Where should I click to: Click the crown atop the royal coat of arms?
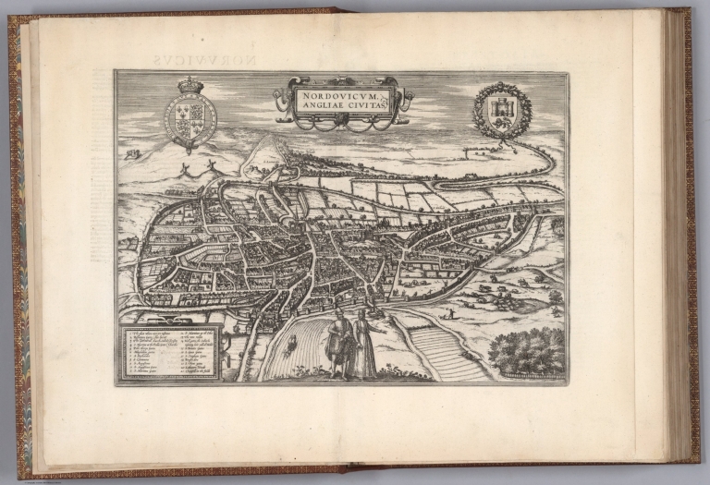[x=190, y=85]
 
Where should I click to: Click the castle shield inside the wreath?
[x=502, y=111]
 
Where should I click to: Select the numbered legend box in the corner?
[x=172, y=353]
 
